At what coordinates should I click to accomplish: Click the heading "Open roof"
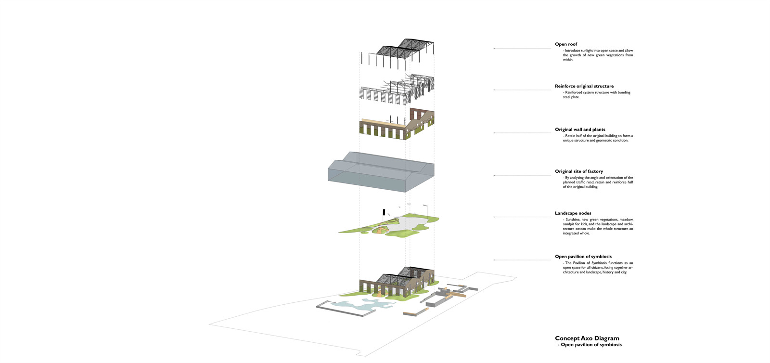pyautogui.click(x=565, y=44)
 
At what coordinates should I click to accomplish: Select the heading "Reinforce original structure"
pyautogui.click(x=584, y=86)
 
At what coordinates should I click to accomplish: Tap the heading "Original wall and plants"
pyautogui.click(x=580, y=130)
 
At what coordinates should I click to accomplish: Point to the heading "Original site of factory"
pyautogui.click(x=578, y=171)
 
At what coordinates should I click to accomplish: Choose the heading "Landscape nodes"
pyautogui.click(x=573, y=213)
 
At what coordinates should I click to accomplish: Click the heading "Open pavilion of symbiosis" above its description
pyautogui.click(x=583, y=257)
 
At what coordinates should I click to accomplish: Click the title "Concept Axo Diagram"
pyautogui.click(x=587, y=338)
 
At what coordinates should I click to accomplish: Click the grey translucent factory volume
pyautogui.click(x=380, y=173)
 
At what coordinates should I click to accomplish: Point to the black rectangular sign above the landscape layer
pyautogui.click(x=384, y=212)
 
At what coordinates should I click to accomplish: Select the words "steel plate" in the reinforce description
pyautogui.click(x=571, y=97)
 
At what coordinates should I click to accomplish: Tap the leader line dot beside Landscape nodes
pyautogui.click(x=494, y=217)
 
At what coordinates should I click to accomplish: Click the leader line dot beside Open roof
pyautogui.click(x=494, y=48)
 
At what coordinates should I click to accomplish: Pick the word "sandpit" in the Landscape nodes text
pyautogui.click(x=570, y=224)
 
